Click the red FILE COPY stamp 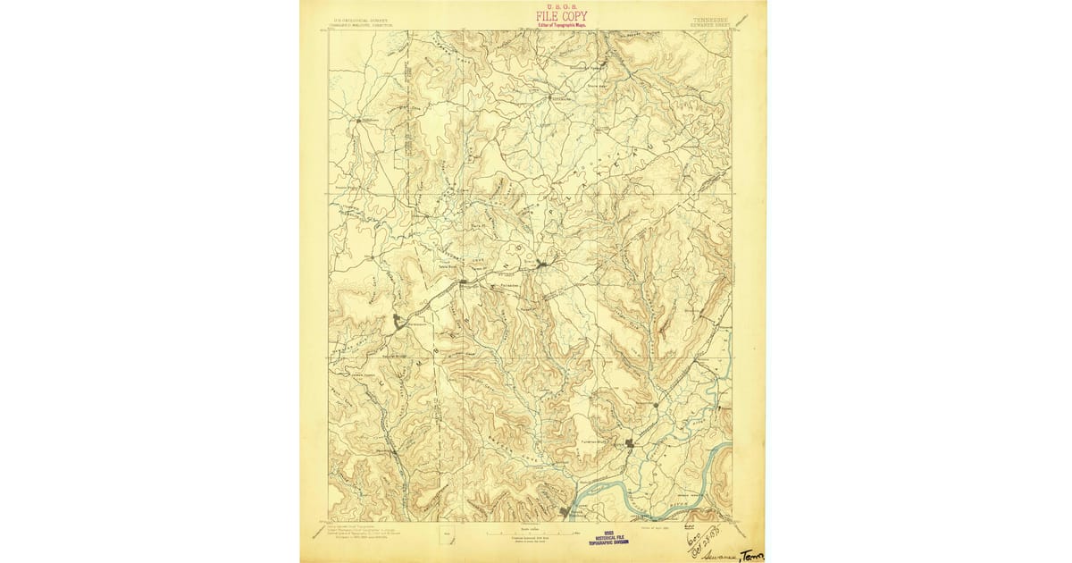(x=561, y=15)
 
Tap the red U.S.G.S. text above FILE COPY (x=561, y=5)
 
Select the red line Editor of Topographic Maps (x=561, y=25)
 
